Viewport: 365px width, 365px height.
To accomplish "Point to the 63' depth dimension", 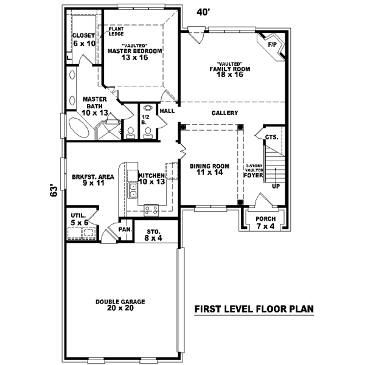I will [x=54, y=191].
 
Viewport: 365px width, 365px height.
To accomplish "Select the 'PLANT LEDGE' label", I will [x=116, y=31].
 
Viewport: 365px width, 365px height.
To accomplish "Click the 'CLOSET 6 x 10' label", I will [x=84, y=40].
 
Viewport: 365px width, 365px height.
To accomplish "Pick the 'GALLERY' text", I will [x=224, y=113].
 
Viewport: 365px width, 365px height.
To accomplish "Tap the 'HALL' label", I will [x=167, y=111].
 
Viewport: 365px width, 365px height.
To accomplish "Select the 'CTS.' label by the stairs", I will [x=272, y=137].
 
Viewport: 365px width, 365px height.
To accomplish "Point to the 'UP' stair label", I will [x=276, y=186].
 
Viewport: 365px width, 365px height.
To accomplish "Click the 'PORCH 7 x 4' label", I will [x=265, y=223].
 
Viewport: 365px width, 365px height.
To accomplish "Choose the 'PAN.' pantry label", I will [x=125, y=229].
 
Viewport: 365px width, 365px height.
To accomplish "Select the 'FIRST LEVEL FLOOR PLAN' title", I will [x=254, y=309].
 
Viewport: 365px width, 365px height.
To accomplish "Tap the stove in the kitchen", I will [x=151, y=210].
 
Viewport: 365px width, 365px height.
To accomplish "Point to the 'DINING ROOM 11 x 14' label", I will [x=209, y=169].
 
